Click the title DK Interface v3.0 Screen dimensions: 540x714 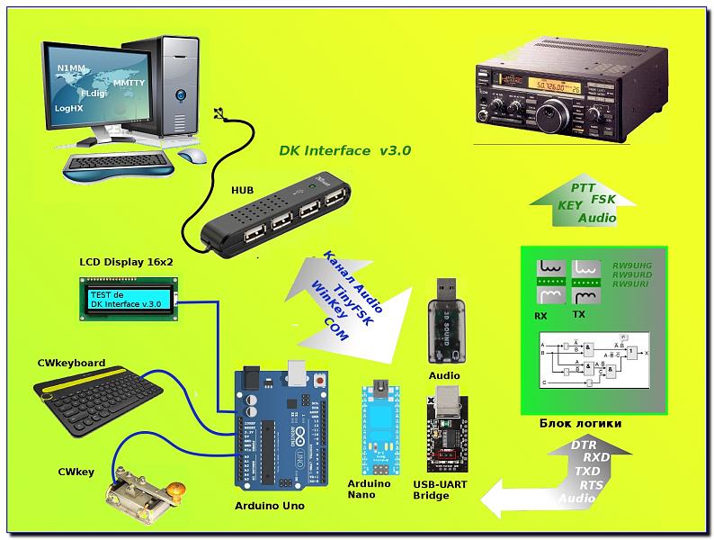pos(345,150)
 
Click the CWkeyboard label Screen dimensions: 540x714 pos(71,364)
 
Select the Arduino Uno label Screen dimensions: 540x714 pos(269,506)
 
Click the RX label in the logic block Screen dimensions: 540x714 pos(540,316)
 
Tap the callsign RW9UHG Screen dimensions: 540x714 pos(632,265)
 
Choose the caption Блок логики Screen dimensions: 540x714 pos(582,423)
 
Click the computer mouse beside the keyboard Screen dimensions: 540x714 pos(191,156)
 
